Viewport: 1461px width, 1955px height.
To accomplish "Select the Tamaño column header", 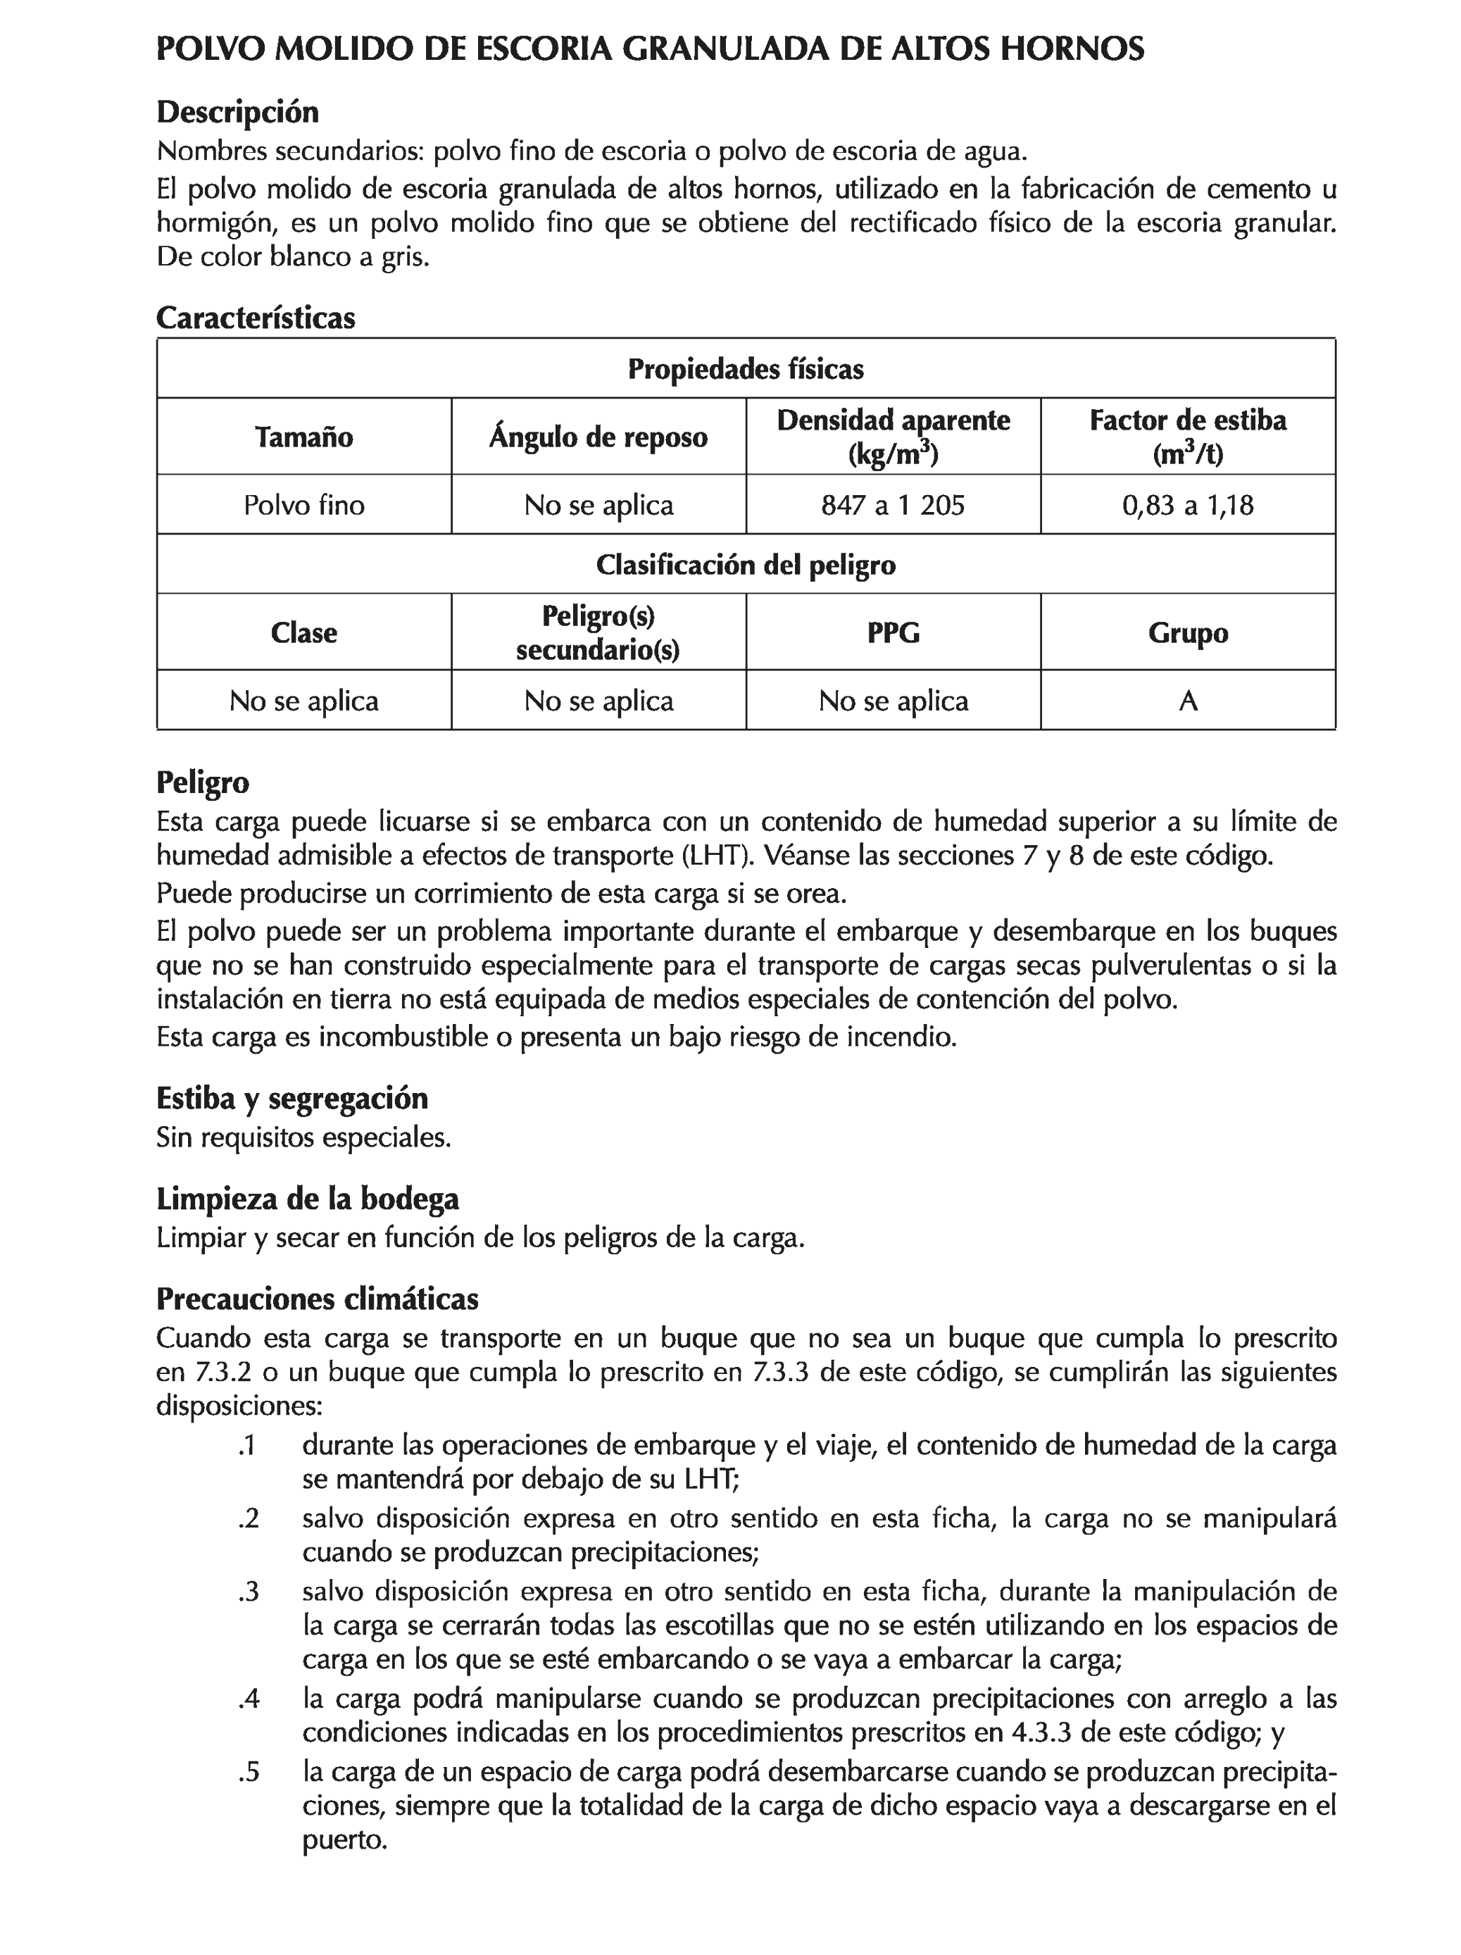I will pyautogui.click(x=303, y=437).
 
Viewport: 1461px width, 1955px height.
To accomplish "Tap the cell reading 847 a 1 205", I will pyautogui.click(x=893, y=505).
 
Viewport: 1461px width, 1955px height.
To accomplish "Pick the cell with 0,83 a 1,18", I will pyautogui.click(x=1187, y=505).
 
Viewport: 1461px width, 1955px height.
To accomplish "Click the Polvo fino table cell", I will pyautogui.click(x=303, y=505).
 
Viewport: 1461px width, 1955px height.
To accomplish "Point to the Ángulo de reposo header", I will pyautogui.click(x=598, y=437).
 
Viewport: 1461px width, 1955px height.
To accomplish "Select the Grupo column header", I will pyautogui.click(x=1187, y=633).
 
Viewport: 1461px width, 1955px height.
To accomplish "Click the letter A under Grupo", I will pyautogui.click(x=1188, y=701).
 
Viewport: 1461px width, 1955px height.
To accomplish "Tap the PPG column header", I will pyautogui.click(x=893, y=633).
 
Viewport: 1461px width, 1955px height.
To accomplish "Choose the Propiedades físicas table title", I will pyautogui.click(x=745, y=368).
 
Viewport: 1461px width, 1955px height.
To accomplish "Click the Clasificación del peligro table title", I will pyautogui.click(x=745, y=565).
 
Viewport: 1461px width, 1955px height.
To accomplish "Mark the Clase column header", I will pyautogui.click(x=303, y=633).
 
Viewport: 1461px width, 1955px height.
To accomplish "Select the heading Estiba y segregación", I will pyautogui.click(x=291, y=1098).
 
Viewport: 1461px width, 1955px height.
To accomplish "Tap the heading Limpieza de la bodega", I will pyautogui.click(x=308, y=1199).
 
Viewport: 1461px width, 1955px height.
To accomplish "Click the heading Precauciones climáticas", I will pyautogui.click(x=318, y=1299).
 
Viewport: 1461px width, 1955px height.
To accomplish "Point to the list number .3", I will pyautogui.click(x=249, y=1592).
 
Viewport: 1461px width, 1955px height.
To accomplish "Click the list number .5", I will pyautogui.click(x=249, y=1772).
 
